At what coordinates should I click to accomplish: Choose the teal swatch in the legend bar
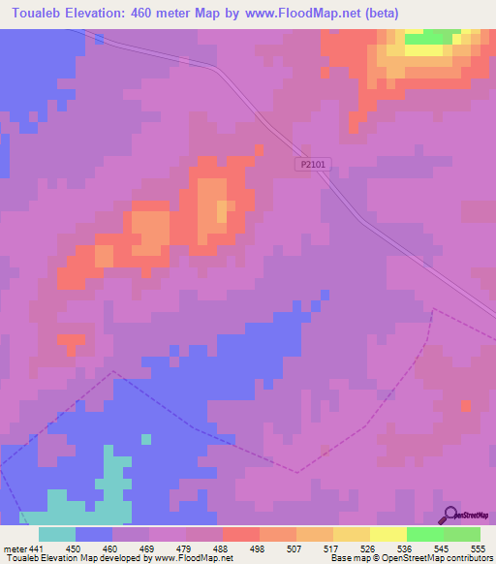(x=57, y=534)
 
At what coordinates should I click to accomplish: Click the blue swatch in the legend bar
(x=94, y=534)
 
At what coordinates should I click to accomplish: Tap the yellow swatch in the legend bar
(x=387, y=534)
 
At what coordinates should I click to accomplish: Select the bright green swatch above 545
(x=424, y=534)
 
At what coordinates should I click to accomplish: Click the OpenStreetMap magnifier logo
(x=450, y=514)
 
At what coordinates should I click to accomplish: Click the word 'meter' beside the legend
(x=15, y=548)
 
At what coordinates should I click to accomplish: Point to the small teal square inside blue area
(x=146, y=439)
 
